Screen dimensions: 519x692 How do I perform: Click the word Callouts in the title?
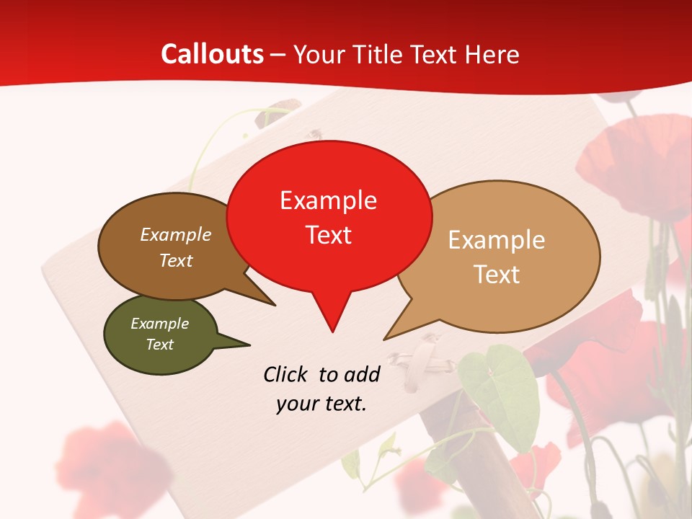tap(212, 54)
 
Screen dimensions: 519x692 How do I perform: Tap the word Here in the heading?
tap(492, 54)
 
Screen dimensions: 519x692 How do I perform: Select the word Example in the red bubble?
tap(328, 200)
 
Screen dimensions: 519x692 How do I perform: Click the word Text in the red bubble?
tap(328, 235)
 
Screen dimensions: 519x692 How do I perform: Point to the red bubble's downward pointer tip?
tap(332, 331)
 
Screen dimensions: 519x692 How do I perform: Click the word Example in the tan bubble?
tap(497, 240)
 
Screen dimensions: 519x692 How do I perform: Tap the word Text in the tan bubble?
tap(497, 274)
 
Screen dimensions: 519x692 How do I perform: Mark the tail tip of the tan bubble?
tap(385, 339)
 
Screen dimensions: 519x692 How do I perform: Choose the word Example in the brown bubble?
tap(176, 234)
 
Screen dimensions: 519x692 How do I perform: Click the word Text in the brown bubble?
tap(176, 260)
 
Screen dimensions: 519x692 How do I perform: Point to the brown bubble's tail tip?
tap(275, 305)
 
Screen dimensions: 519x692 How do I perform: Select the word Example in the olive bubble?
tap(159, 324)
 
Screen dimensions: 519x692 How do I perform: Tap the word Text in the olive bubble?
tap(159, 345)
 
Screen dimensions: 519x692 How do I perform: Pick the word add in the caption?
tap(362, 374)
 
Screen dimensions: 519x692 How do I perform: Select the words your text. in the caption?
tap(321, 404)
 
